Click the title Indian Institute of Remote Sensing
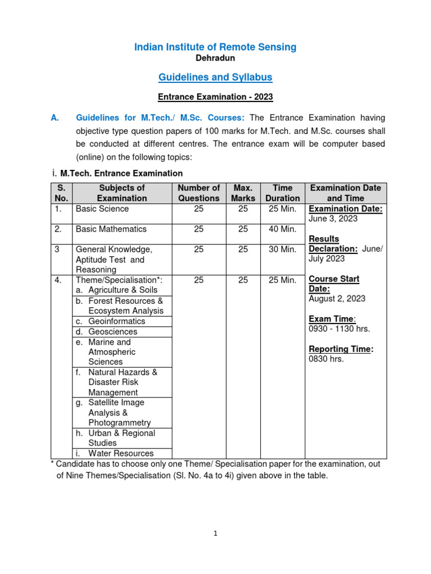(x=215, y=47)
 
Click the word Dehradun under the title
(x=215, y=58)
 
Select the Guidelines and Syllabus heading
(x=215, y=77)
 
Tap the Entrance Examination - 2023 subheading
(x=215, y=97)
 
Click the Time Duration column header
(x=282, y=193)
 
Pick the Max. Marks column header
(x=242, y=193)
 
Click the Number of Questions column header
(x=199, y=193)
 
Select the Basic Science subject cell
(x=102, y=209)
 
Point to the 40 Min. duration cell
(x=282, y=229)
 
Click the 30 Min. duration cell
(x=282, y=249)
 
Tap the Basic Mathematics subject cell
(x=111, y=229)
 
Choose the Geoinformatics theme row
(x=117, y=321)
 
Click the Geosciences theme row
(x=113, y=332)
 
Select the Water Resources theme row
(x=121, y=453)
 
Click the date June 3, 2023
(x=333, y=219)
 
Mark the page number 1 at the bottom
(x=215, y=534)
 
